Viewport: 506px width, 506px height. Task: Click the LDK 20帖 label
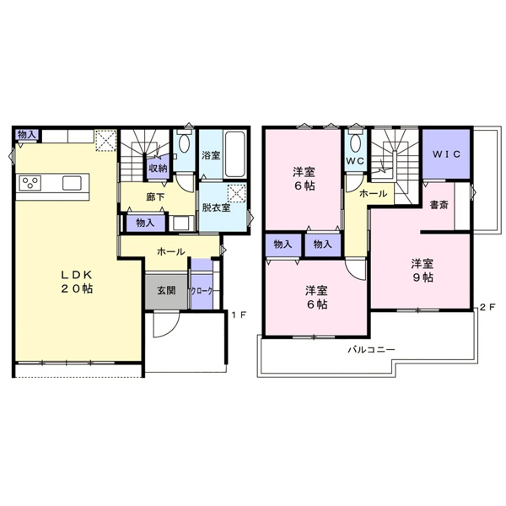coord(75,282)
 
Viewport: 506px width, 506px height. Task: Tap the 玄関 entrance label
coord(165,291)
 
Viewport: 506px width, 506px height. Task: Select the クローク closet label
coord(202,291)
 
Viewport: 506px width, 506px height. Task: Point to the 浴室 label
coord(211,155)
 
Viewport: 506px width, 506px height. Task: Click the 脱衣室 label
coord(216,207)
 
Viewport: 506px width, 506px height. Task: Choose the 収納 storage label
coord(159,168)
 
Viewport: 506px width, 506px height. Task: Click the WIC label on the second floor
coord(446,155)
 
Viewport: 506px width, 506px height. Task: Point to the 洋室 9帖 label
coord(423,269)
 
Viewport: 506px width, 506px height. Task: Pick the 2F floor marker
coord(486,308)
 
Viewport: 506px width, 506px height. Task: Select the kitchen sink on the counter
coord(71,183)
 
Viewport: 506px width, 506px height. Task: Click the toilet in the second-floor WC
coord(354,139)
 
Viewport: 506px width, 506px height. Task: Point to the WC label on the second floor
coord(354,161)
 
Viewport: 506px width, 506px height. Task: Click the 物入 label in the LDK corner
coord(26,134)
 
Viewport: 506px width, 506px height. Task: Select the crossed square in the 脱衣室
coord(239,193)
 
